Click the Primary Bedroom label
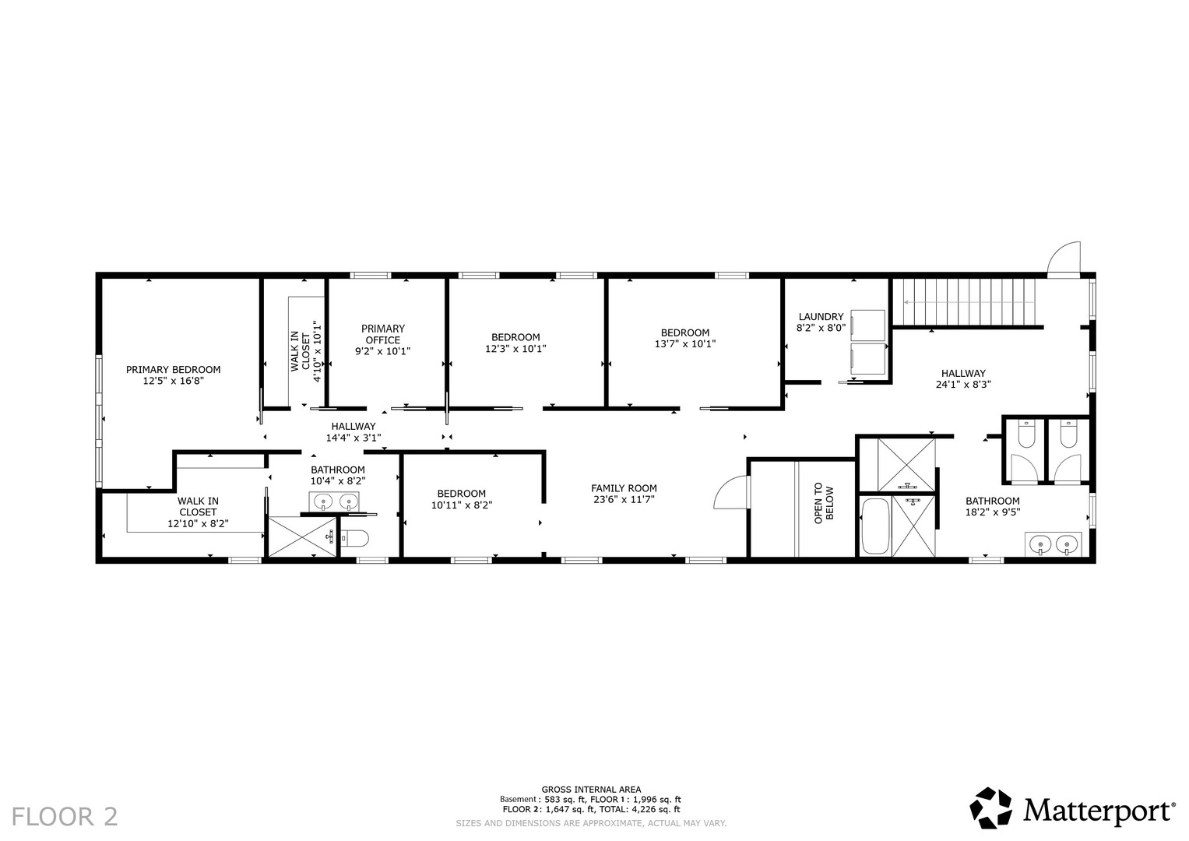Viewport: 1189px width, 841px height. (x=173, y=370)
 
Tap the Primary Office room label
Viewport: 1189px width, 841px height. (x=383, y=334)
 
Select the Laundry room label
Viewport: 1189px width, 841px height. (x=821, y=317)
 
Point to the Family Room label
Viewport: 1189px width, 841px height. (x=624, y=488)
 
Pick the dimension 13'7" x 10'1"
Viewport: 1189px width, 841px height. (x=684, y=344)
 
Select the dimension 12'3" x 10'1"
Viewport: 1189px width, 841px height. (x=515, y=349)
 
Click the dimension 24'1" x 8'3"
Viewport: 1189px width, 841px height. (x=963, y=385)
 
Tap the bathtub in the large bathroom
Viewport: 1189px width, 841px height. (x=874, y=526)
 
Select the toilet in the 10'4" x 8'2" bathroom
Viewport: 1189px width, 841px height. (x=354, y=539)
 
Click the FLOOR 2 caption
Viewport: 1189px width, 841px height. (x=65, y=817)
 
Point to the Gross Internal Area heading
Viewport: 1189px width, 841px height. (x=591, y=790)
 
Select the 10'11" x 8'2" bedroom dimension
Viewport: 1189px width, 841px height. (x=462, y=505)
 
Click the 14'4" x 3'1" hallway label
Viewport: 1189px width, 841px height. (x=354, y=438)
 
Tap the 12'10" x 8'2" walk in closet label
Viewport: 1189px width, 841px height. (x=198, y=524)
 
